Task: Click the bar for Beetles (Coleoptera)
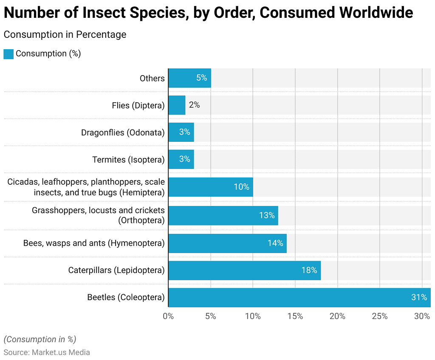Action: pyautogui.click(x=297, y=297)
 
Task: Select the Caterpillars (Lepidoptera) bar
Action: pyautogui.click(x=244, y=270)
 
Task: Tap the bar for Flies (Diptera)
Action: pyautogui.click(x=177, y=105)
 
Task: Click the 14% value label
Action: pyautogui.click(x=275, y=243)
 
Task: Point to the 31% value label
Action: pyautogui.click(x=419, y=297)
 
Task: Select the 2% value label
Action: pyautogui.click(x=194, y=105)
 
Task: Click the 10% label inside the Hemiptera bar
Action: pyautogui.click(x=241, y=187)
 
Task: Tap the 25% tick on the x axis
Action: pyautogui.click(x=379, y=316)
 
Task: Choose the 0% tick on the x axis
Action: pyautogui.click(x=168, y=316)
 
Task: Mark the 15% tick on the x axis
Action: pyautogui.click(x=295, y=316)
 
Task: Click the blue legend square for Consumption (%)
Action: pyautogui.click(x=8, y=54)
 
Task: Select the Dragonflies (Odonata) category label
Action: pyautogui.click(x=123, y=132)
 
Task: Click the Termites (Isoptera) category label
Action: pyautogui.click(x=128, y=160)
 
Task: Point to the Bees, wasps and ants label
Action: pyautogui.click(x=93, y=243)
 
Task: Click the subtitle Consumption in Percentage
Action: pyautogui.click(x=65, y=34)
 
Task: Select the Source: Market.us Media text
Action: pyautogui.click(x=47, y=352)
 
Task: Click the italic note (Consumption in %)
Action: pyautogui.click(x=40, y=339)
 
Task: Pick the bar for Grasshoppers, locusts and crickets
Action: pyautogui.click(x=223, y=215)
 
